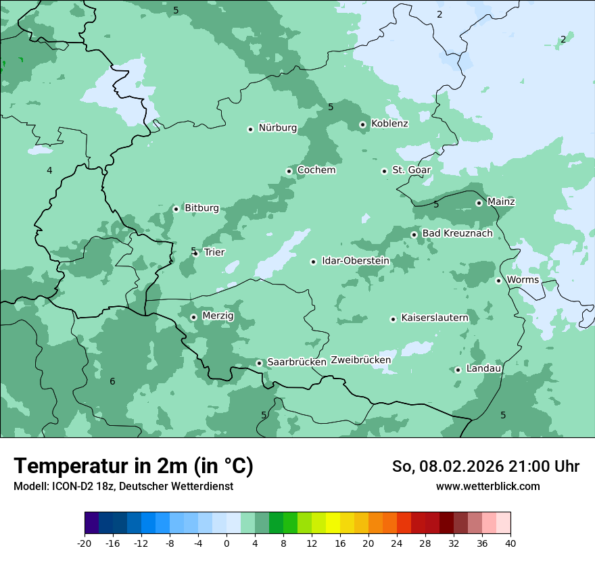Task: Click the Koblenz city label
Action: [x=389, y=124]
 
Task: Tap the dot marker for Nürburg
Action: [x=250, y=129]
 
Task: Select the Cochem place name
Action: [x=316, y=170]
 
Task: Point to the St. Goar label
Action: [x=411, y=170]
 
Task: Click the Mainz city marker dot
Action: [x=479, y=203]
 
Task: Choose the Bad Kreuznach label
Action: [x=457, y=234]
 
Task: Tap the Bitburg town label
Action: [x=201, y=208]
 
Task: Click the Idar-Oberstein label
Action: [x=355, y=261]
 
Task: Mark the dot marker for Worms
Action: [x=498, y=280]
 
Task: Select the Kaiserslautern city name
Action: [x=434, y=318]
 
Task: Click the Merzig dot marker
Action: [x=193, y=317]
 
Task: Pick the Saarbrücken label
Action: [x=297, y=362]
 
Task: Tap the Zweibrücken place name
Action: [x=360, y=360]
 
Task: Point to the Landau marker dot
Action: [x=458, y=370]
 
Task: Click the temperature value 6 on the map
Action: [x=112, y=382]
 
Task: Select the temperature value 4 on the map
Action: [x=49, y=171]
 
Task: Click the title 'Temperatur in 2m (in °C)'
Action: [x=133, y=466]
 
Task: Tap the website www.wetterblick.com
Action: [x=487, y=487]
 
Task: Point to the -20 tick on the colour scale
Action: [x=85, y=543]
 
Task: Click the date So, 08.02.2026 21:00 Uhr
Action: [x=485, y=466]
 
